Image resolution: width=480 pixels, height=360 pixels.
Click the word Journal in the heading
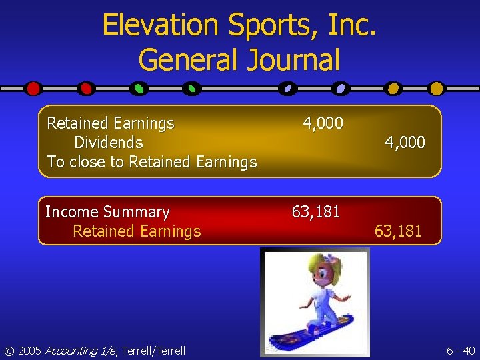coord(293,59)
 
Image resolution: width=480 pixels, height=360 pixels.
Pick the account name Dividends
coord(109,143)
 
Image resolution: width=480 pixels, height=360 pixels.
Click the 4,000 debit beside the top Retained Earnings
coord(323,123)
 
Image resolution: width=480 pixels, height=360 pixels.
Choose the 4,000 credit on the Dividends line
coord(405,143)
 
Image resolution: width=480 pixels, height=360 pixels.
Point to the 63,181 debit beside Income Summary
coord(316,212)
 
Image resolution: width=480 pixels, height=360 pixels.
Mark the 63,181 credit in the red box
coord(398,231)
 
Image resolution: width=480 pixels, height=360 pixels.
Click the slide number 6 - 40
coord(461,351)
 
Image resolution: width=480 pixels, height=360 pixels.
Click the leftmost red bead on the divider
coord(33,88)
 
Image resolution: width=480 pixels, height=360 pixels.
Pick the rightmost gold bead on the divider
coord(436,88)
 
